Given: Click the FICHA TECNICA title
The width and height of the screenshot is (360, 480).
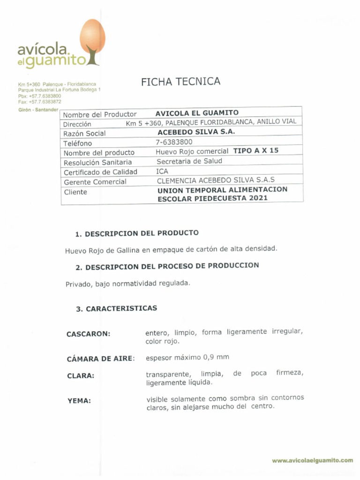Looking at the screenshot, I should (180, 82).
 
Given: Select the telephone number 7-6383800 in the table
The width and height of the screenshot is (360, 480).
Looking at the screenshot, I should (174, 142).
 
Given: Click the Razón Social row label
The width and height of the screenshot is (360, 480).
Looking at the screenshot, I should (84, 134).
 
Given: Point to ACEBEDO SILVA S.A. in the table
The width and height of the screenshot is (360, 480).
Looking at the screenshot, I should (196, 132).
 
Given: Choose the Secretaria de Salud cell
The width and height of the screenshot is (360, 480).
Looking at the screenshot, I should (189, 161).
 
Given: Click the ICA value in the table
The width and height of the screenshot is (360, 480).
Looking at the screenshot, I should (162, 171).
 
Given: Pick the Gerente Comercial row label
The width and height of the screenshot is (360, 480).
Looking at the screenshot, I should (95, 182).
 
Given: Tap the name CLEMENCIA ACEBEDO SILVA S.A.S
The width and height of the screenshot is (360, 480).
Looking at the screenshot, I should (216, 180).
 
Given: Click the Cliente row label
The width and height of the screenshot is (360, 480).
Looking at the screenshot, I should (75, 192).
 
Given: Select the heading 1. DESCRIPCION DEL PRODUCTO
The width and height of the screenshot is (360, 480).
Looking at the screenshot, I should (137, 233).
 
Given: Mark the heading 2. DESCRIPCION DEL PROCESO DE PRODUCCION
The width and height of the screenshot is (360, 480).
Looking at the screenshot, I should (167, 266).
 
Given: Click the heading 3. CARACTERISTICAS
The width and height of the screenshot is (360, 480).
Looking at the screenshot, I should (116, 309).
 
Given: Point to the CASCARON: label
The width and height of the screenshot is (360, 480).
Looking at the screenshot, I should (88, 334).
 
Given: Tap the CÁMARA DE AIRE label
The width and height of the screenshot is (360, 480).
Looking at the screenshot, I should (100, 359).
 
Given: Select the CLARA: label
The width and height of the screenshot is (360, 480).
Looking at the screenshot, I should (80, 376).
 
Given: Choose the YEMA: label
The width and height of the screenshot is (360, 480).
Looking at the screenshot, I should (79, 401).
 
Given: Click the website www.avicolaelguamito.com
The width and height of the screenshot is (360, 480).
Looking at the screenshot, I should (312, 461).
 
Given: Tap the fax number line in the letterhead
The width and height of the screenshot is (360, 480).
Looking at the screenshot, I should (39, 101).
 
